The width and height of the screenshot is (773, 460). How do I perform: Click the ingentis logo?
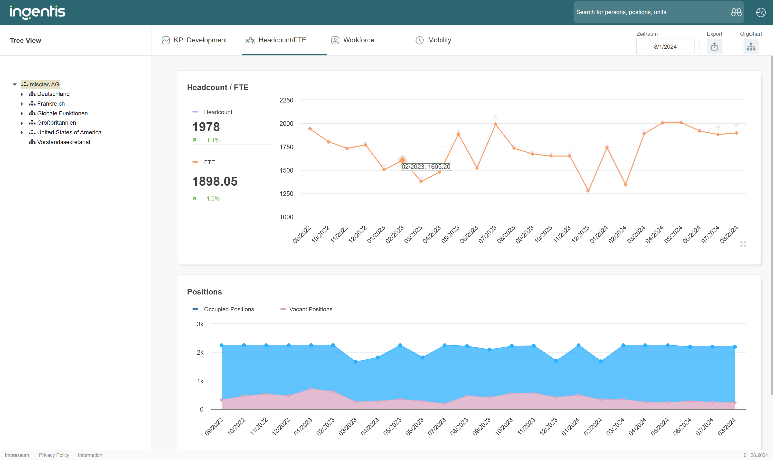pos(37,12)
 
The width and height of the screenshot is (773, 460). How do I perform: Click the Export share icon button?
pos(714,47)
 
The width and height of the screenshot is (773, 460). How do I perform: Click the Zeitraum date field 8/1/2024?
pos(665,47)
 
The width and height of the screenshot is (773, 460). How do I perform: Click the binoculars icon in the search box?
pos(736,12)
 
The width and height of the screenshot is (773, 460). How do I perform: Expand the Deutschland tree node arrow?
pos(22,94)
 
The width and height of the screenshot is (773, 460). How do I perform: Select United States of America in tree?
pos(69,132)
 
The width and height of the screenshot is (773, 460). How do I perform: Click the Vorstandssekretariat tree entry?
pos(64,142)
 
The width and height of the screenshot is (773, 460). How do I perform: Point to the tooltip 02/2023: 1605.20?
pos(426,167)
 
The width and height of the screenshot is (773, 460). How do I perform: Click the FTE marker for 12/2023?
pos(588,191)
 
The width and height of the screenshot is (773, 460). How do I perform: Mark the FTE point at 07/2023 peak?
pos(495,124)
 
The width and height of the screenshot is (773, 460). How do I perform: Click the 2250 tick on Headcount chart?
pos(286,100)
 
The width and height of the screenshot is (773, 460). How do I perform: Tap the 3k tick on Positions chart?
pos(200,324)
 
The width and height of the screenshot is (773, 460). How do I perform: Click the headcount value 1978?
pos(206,127)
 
